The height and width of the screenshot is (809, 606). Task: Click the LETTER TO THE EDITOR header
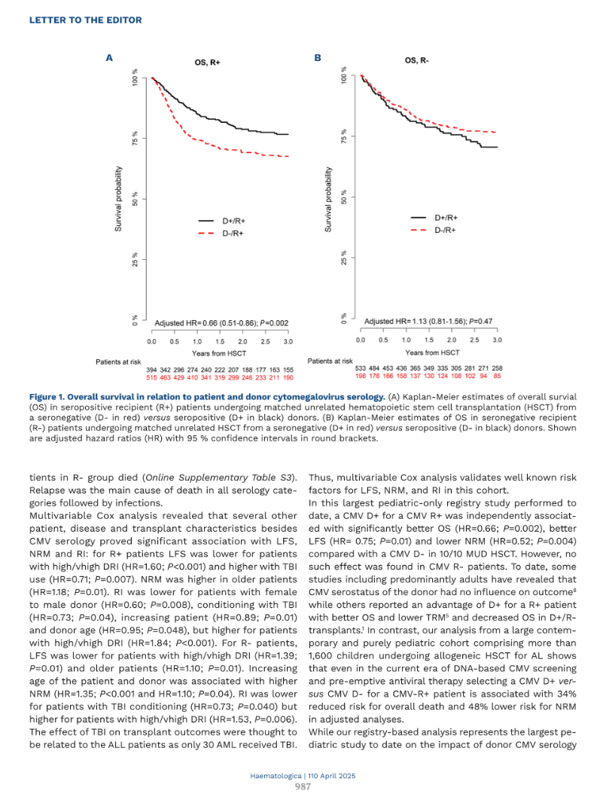tap(86, 20)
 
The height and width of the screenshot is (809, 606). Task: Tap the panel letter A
tap(109, 58)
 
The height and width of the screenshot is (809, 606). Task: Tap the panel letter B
tap(318, 58)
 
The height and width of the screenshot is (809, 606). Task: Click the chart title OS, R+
tap(207, 63)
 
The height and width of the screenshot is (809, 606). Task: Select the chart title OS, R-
tap(417, 60)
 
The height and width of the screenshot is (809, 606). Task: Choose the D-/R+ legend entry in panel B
tap(434, 230)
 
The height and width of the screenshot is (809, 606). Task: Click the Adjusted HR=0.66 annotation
tap(222, 323)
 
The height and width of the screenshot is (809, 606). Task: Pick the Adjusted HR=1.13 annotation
tap(428, 321)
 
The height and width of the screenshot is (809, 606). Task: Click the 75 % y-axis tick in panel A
tap(135, 138)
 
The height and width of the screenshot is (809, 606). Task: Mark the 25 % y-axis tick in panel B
tap(344, 258)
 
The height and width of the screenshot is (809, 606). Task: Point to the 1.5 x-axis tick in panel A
tap(221, 341)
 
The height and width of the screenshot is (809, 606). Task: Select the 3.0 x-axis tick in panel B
tap(497, 340)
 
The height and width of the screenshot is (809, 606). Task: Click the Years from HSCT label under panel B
tap(432, 353)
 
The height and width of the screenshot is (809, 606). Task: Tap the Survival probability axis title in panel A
tap(119, 199)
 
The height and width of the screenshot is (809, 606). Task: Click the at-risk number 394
tap(151, 370)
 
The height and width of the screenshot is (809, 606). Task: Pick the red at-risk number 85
tap(497, 376)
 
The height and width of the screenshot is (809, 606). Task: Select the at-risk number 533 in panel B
tap(361, 368)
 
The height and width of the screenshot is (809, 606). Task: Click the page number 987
tap(303, 786)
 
